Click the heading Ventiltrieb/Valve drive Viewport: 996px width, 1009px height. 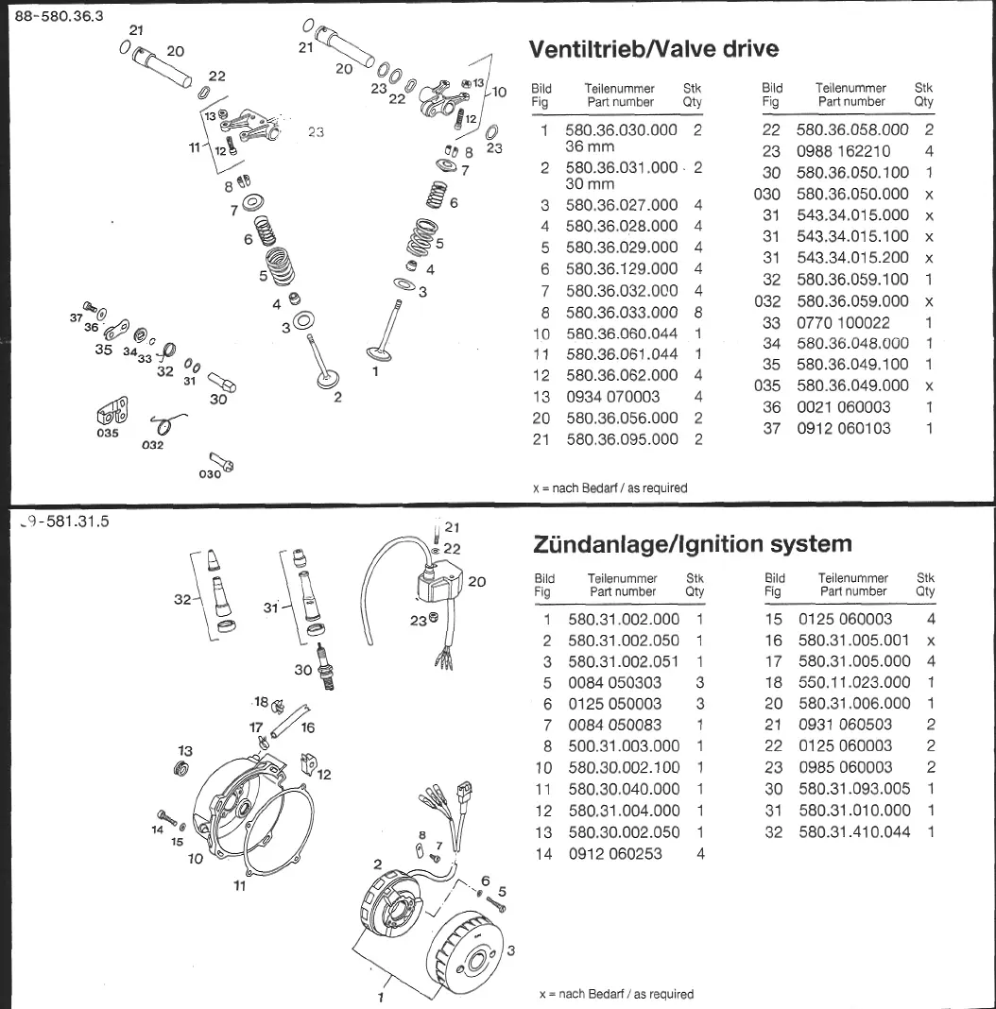(654, 49)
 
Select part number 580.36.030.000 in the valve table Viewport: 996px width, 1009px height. (621, 130)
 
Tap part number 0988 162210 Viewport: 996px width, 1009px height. (843, 151)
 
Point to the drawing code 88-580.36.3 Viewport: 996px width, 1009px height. (59, 15)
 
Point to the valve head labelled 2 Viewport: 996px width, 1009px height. (330, 379)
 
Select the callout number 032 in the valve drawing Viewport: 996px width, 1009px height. (152, 443)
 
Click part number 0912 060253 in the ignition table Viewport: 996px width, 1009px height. (615, 854)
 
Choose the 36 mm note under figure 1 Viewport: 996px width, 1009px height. (589, 146)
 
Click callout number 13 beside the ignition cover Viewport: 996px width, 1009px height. (184, 751)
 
